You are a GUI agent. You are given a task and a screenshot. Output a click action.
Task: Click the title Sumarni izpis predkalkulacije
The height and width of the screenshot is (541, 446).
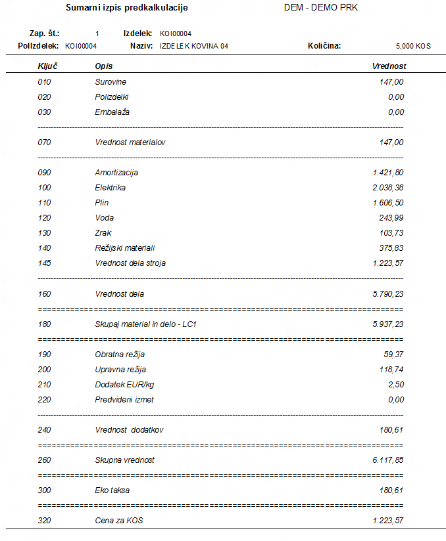pyautogui.click(x=127, y=8)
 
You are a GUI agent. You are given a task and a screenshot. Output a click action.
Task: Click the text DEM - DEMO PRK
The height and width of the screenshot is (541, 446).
pyautogui.click(x=320, y=8)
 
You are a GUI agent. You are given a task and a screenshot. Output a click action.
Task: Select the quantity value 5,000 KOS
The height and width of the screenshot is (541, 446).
pyautogui.click(x=412, y=46)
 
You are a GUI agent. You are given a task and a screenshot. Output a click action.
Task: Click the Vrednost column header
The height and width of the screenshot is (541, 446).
pyautogui.click(x=389, y=66)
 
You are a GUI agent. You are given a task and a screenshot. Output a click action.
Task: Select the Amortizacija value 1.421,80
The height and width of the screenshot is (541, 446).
pyautogui.click(x=387, y=173)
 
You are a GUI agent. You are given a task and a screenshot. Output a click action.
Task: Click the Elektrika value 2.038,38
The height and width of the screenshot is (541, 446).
pyautogui.click(x=387, y=188)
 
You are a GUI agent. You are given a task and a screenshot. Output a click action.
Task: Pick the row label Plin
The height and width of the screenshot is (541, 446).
pyautogui.click(x=101, y=203)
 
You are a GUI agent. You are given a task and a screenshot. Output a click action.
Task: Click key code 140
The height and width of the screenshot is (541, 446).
pyautogui.click(x=44, y=248)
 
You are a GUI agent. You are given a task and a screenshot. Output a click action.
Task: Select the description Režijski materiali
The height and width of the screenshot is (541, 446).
pyautogui.click(x=124, y=248)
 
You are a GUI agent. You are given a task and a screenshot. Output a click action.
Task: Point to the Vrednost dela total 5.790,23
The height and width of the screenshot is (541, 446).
pyautogui.click(x=387, y=294)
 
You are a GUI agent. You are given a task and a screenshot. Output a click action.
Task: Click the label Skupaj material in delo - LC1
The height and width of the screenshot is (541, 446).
pyautogui.click(x=145, y=324)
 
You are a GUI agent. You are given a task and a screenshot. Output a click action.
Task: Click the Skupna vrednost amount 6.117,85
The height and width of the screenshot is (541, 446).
pyautogui.click(x=387, y=460)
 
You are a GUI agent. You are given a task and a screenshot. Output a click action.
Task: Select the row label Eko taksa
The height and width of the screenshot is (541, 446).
pyautogui.click(x=112, y=490)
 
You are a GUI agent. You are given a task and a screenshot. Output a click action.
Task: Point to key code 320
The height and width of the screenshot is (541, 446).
pyautogui.click(x=44, y=521)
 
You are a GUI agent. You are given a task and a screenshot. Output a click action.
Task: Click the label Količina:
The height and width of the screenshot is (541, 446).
pyautogui.click(x=324, y=46)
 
